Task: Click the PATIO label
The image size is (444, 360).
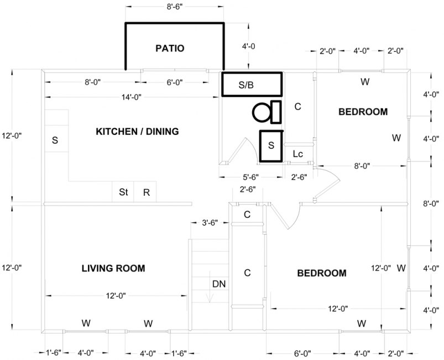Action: (169, 49)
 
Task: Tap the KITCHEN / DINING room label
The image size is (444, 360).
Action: (137, 132)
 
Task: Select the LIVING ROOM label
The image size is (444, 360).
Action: (113, 269)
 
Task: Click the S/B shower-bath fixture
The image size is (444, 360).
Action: (252, 85)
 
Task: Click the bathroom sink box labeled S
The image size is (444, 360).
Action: (271, 145)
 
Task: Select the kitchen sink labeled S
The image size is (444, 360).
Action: (55, 140)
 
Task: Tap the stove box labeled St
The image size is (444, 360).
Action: (123, 192)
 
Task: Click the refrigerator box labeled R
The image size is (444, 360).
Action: (146, 192)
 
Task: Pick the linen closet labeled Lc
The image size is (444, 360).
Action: (297, 154)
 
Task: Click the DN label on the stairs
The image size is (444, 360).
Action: (219, 284)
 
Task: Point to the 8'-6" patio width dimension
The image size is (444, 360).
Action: (175, 7)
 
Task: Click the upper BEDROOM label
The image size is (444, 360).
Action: (363, 112)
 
